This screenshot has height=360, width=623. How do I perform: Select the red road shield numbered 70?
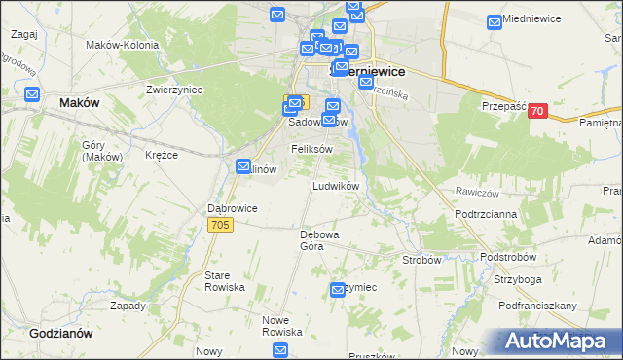point(536,112)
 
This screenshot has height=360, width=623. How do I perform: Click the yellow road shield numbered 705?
point(220,225)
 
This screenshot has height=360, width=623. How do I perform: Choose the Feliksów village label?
point(312,148)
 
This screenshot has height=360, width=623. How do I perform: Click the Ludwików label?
point(336,185)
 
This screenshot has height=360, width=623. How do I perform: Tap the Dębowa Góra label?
point(318,240)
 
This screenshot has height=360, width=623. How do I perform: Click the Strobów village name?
point(421,260)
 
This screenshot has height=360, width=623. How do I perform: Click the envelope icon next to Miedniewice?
point(495,20)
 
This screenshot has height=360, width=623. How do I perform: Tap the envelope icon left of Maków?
point(32,95)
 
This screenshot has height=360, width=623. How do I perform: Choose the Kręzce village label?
point(162,155)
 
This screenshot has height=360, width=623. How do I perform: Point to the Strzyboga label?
point(517,279)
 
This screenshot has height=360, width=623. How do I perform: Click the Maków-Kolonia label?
point(116,45)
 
